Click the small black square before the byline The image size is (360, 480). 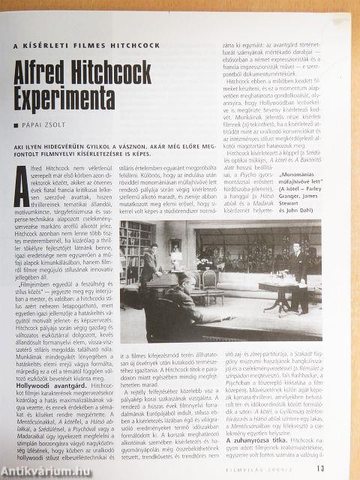[16, 125]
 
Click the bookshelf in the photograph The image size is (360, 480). [135, 251]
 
